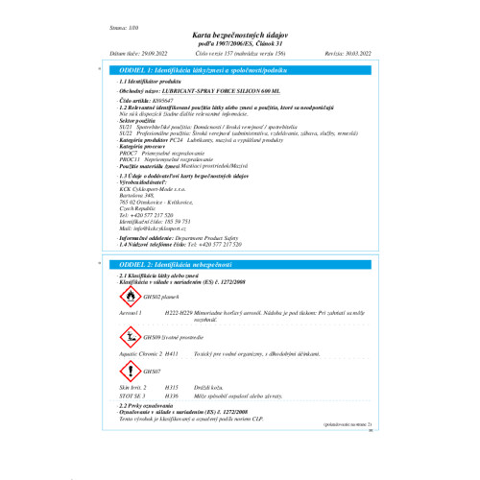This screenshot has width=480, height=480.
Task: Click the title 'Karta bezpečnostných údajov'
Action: (240, 32)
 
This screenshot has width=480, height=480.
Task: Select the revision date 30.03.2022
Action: (366, 55)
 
